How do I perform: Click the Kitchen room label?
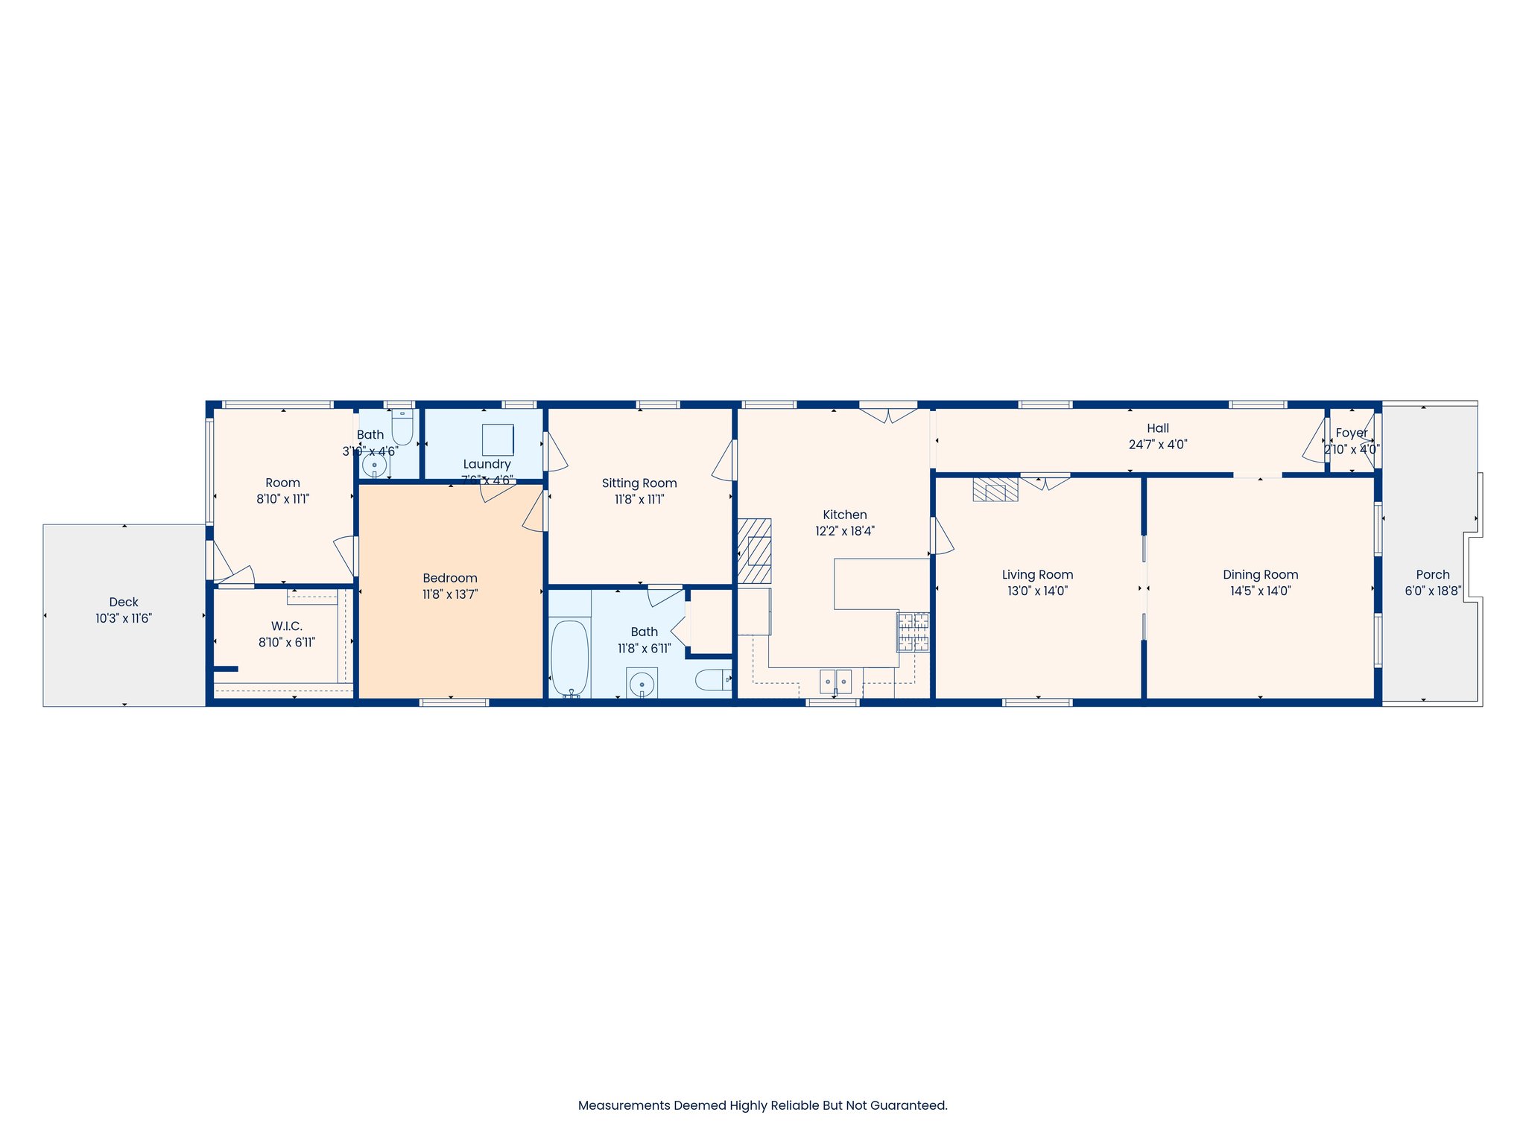point(844,515)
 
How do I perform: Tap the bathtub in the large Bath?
point(569,658)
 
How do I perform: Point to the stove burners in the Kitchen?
point(914,632)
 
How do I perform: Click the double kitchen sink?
point(835,681)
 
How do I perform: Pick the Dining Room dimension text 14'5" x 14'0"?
point(1260,591)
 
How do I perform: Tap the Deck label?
point(124,602)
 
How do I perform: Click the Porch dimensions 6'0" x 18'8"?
point(1433,591)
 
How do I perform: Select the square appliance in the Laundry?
point(498,439)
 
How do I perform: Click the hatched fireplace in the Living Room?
point(995,489)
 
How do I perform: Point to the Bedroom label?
point(449,578)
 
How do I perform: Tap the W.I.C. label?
point(286,626)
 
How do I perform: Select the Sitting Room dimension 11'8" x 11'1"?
point(639,500)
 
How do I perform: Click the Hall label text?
point(1157,428)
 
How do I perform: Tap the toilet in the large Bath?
point(713,679)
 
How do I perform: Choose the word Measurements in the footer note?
point(624,1105)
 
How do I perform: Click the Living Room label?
point(1037,575)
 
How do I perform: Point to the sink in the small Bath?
point(374,466)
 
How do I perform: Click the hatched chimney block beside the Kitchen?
point(755,551)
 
